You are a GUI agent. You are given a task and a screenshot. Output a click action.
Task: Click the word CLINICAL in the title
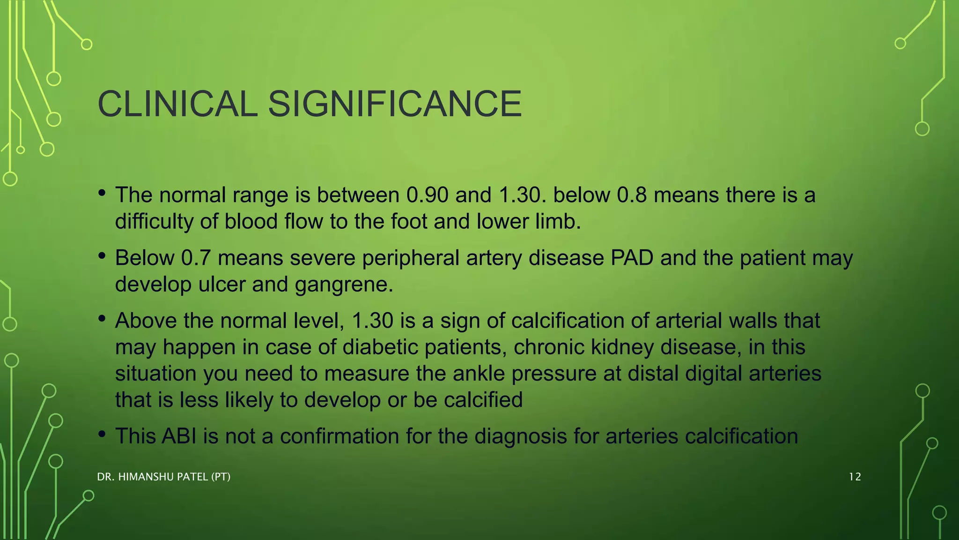[177, 104]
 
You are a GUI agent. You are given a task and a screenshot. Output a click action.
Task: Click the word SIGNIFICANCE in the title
[395, 104]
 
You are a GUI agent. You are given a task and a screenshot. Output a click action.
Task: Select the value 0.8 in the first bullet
[632, 195]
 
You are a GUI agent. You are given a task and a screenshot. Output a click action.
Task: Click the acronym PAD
[632, 258]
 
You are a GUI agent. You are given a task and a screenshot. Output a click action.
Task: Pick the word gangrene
[344, 285]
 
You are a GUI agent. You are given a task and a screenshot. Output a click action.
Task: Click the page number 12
[855, 477]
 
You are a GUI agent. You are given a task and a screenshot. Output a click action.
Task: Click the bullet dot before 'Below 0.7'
[102, 256]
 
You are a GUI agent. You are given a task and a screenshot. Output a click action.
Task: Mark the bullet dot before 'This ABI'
[102, 434]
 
